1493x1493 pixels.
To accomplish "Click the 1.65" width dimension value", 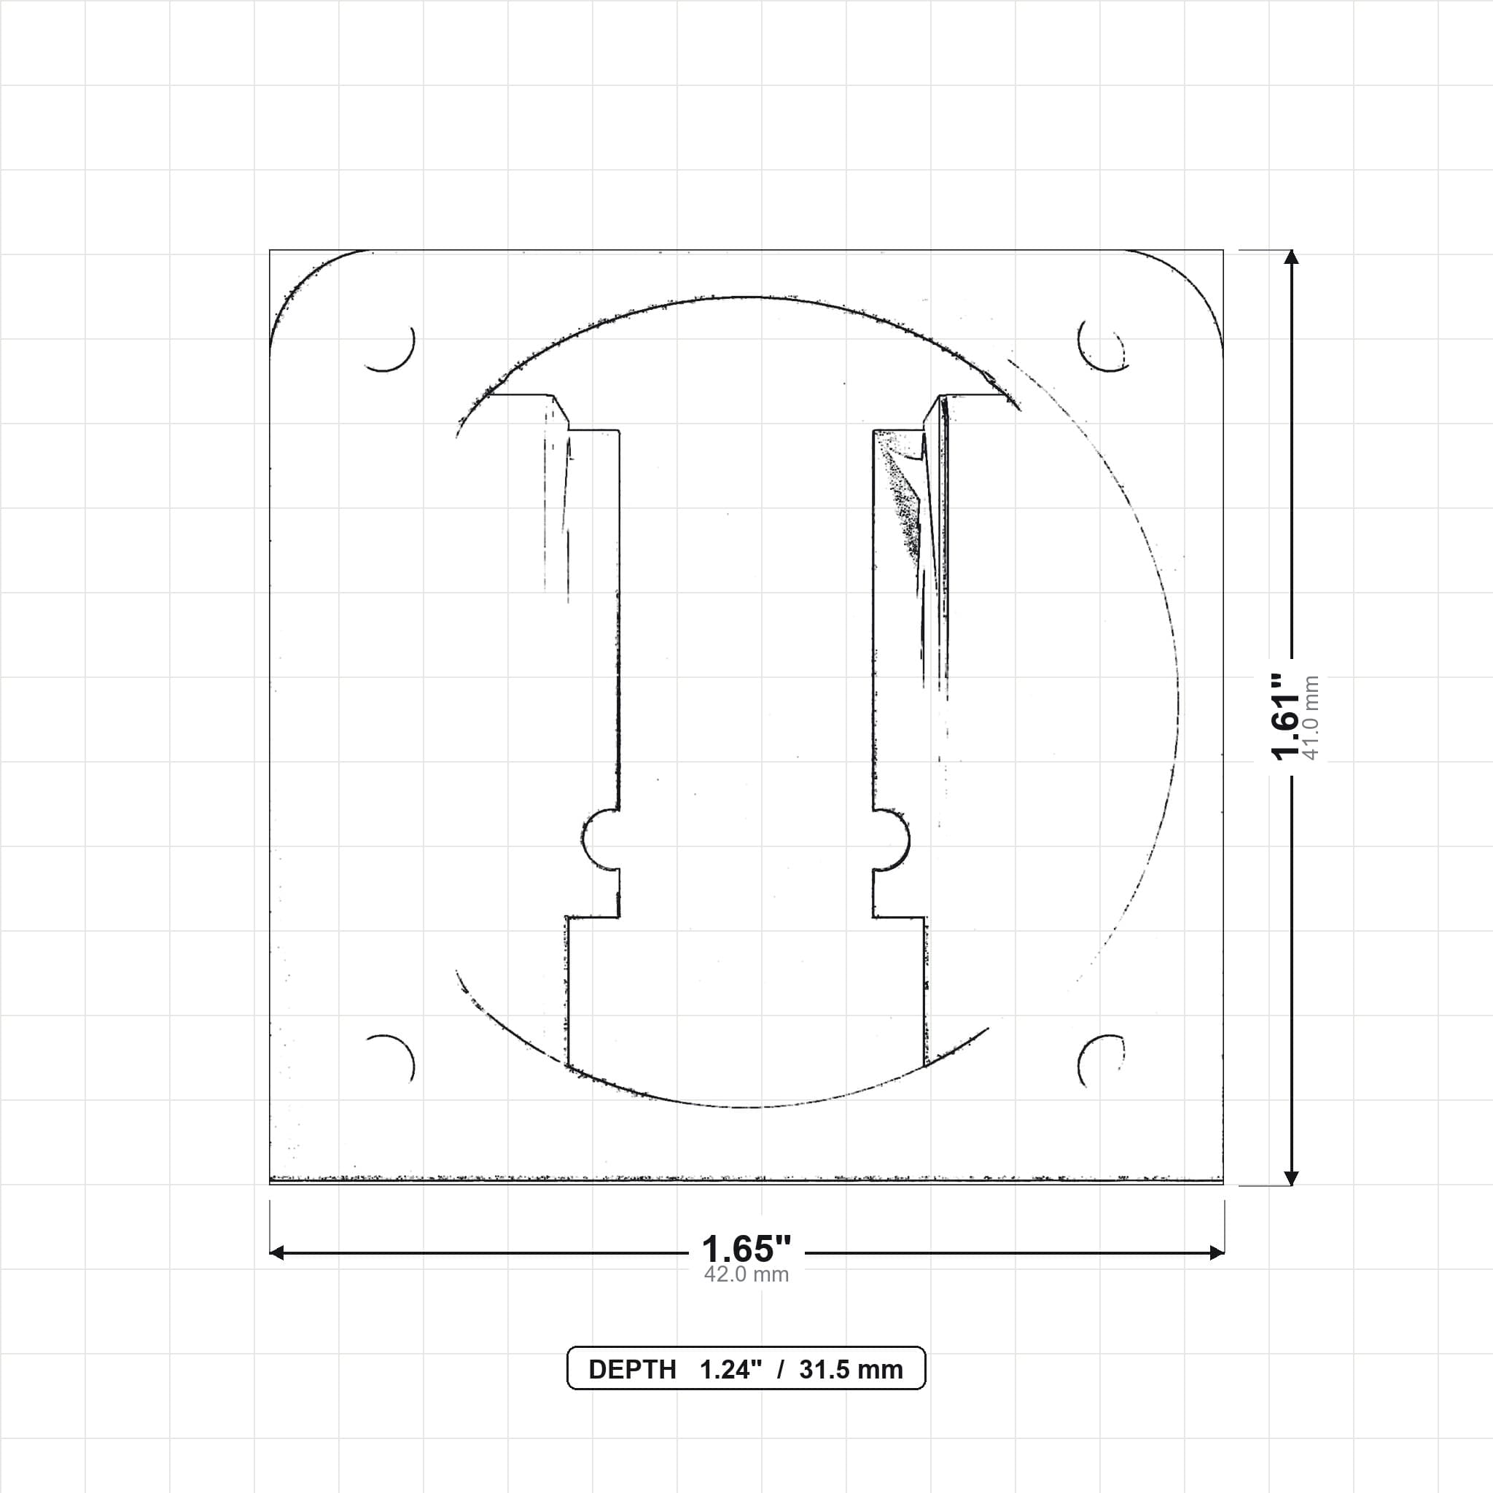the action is tap(746, 1250).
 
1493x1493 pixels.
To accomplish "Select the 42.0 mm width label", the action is tap(746, 1274).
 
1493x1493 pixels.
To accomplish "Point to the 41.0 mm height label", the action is tap(1311, 717).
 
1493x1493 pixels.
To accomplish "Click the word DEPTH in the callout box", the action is tap(632, 1369).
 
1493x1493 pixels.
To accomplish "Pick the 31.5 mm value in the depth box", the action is tap(851, 1369).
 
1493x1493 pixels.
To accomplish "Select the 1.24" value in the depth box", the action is tap(730, 1369).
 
